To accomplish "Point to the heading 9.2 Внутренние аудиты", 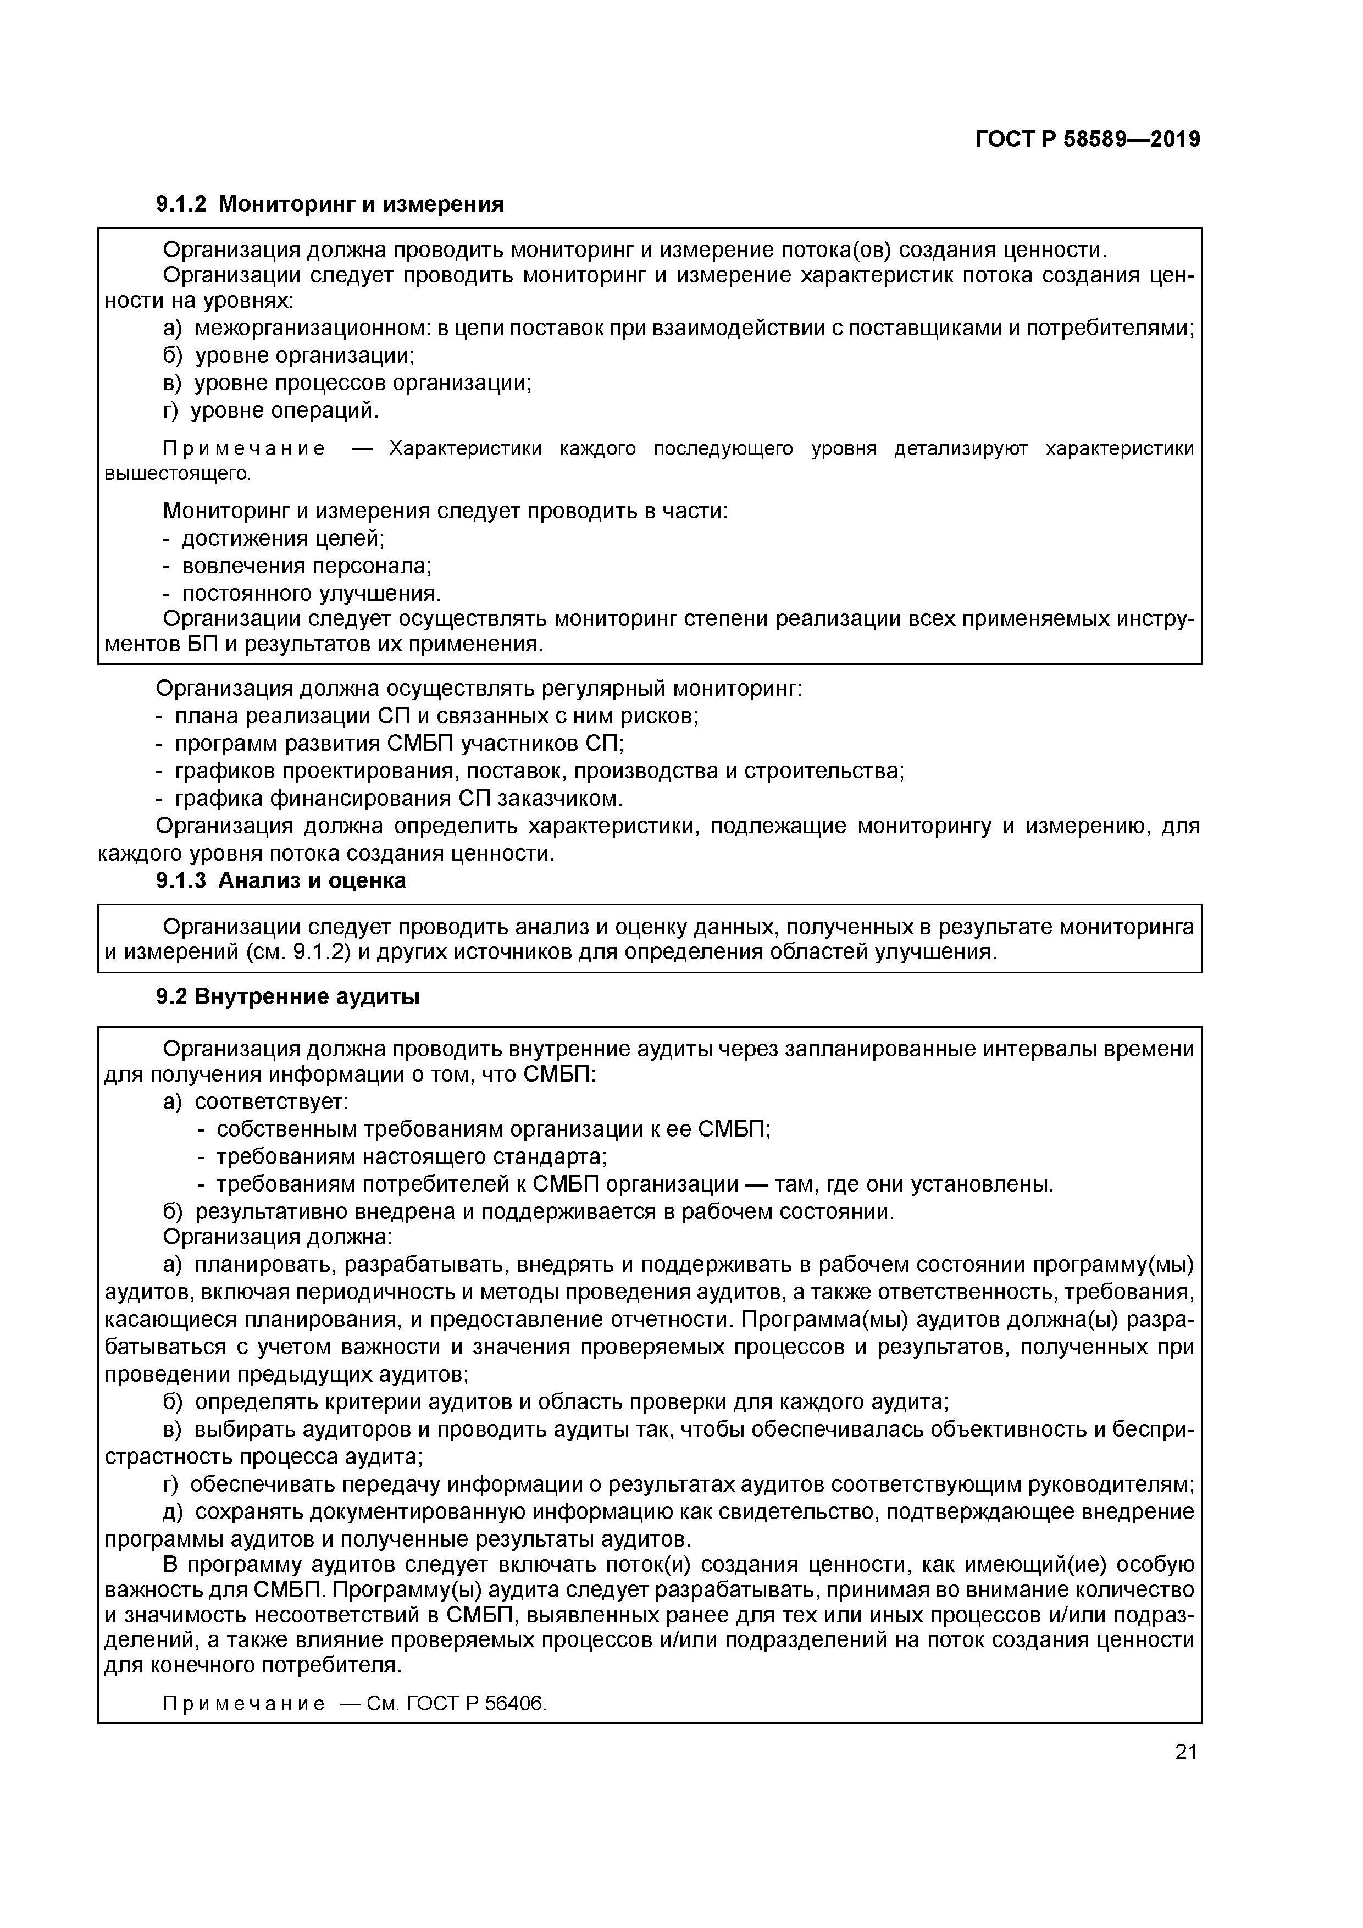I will tap(287, 997).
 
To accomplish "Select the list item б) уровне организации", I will tap(288, 355).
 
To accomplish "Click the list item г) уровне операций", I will tap(270, 410).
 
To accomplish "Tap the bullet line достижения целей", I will tap(273, 538).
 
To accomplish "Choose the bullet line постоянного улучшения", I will tap(302, 593).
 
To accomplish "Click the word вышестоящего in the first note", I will tap(176, 474).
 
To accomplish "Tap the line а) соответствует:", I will tap(256, 1101).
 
